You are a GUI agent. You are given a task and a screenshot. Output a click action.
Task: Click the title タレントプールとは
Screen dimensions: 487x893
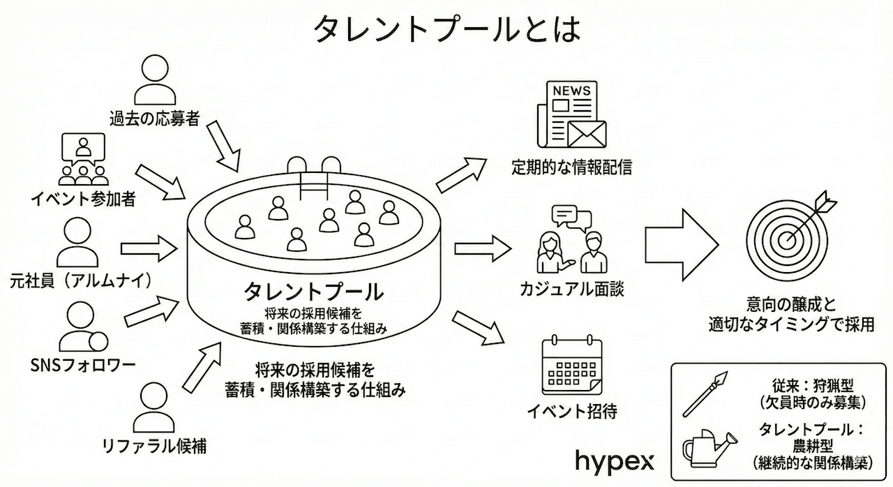point(446,29)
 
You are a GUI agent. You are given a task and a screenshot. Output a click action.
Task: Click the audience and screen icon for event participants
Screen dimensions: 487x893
point(83,159)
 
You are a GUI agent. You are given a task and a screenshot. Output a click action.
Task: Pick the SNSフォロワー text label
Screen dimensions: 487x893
point(83,365)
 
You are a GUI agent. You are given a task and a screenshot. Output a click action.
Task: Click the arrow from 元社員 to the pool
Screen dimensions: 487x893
point(149,247)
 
